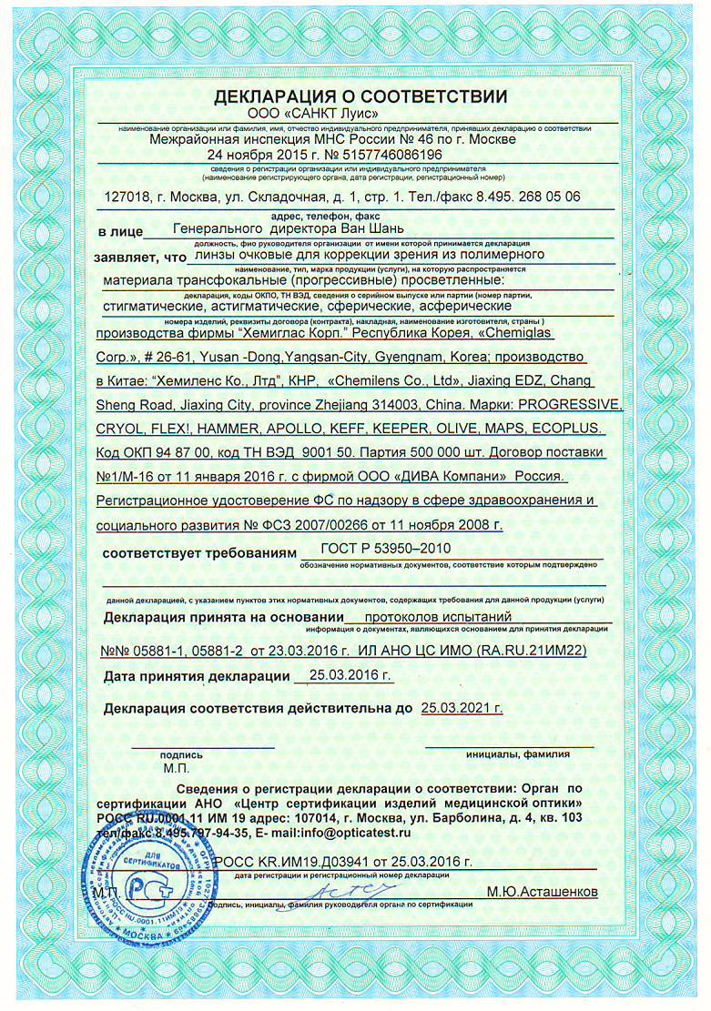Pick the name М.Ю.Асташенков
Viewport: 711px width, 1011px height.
[542, 892]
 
